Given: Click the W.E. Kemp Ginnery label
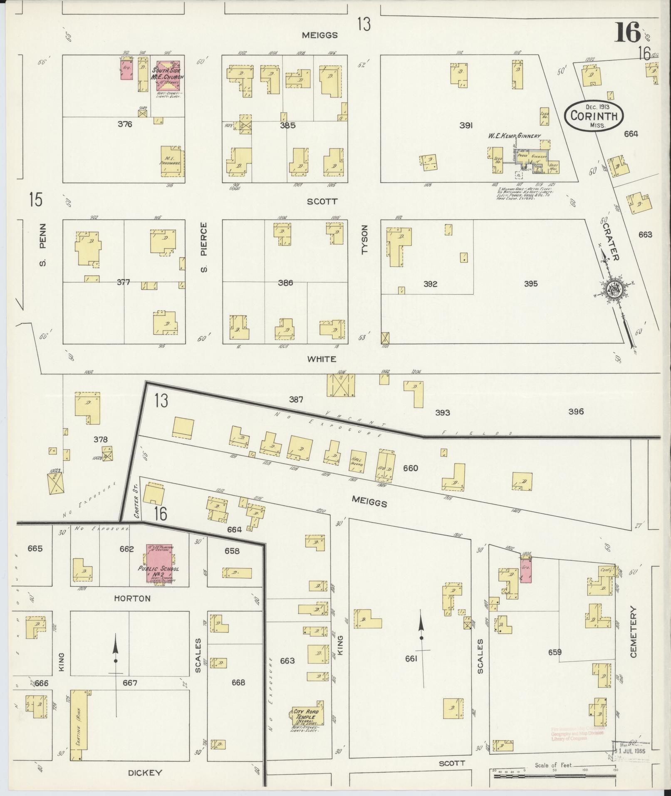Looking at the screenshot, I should (514, 136).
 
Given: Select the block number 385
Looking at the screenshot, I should (287, 125).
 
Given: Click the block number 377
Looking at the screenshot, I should (123, 283).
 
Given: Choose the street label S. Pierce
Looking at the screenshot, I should (203, 248).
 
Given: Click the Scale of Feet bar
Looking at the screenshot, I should (553, 776).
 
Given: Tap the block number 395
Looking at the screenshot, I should (531, 284).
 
